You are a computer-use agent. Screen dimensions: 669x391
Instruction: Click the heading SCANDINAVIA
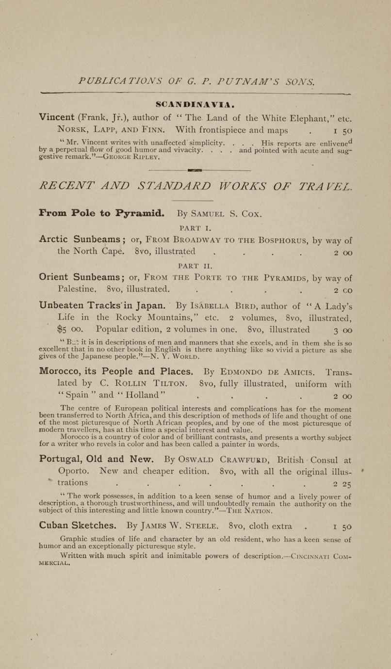point(195,104)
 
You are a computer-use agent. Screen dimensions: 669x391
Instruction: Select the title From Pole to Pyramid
point(102,213)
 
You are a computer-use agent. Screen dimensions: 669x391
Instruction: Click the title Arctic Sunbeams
point(80,239)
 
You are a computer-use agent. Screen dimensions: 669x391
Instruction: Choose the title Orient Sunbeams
point(80,278)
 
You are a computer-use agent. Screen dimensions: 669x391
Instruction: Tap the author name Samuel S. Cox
point(226,213)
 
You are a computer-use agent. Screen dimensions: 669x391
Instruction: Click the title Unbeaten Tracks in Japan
point(103,306)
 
